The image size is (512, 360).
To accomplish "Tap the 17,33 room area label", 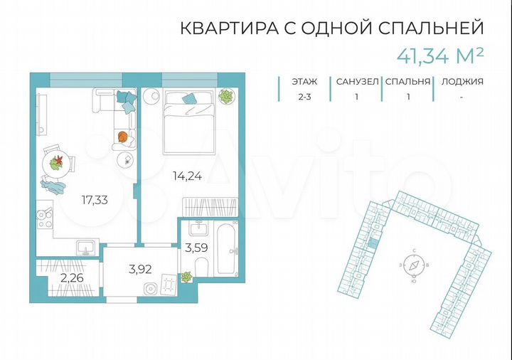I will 94,200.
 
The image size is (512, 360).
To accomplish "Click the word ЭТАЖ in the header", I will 304,81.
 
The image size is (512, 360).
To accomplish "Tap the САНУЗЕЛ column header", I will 356,81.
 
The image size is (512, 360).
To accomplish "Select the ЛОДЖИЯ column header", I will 462,81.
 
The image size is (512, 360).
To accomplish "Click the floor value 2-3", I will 304,97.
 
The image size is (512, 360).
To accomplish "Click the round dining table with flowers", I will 55,162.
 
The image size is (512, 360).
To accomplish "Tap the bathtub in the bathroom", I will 226,249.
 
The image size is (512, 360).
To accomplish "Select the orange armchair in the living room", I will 122,137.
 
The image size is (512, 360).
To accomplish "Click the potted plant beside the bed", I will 225,96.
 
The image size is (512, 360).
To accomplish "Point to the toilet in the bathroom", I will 201,269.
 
